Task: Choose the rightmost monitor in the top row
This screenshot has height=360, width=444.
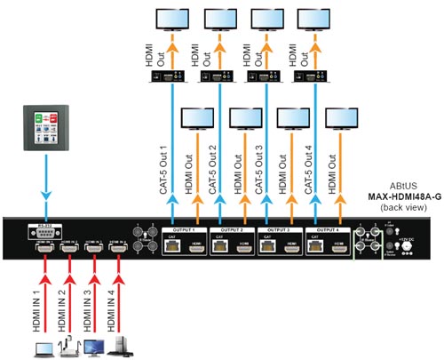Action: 313,21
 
